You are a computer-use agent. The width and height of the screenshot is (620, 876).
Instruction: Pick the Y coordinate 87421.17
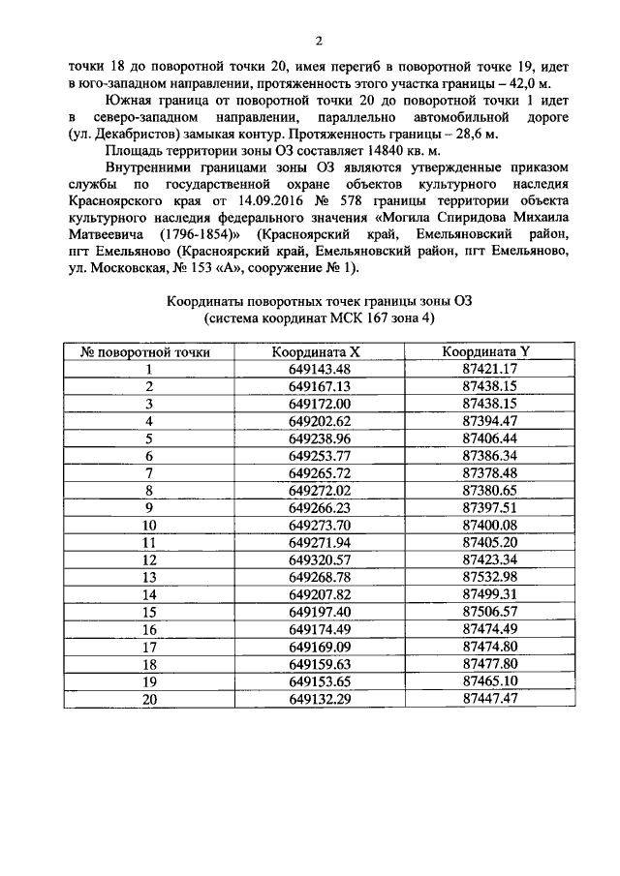click(490, 369)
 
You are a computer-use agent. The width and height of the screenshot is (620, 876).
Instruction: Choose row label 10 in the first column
click(149, 524)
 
